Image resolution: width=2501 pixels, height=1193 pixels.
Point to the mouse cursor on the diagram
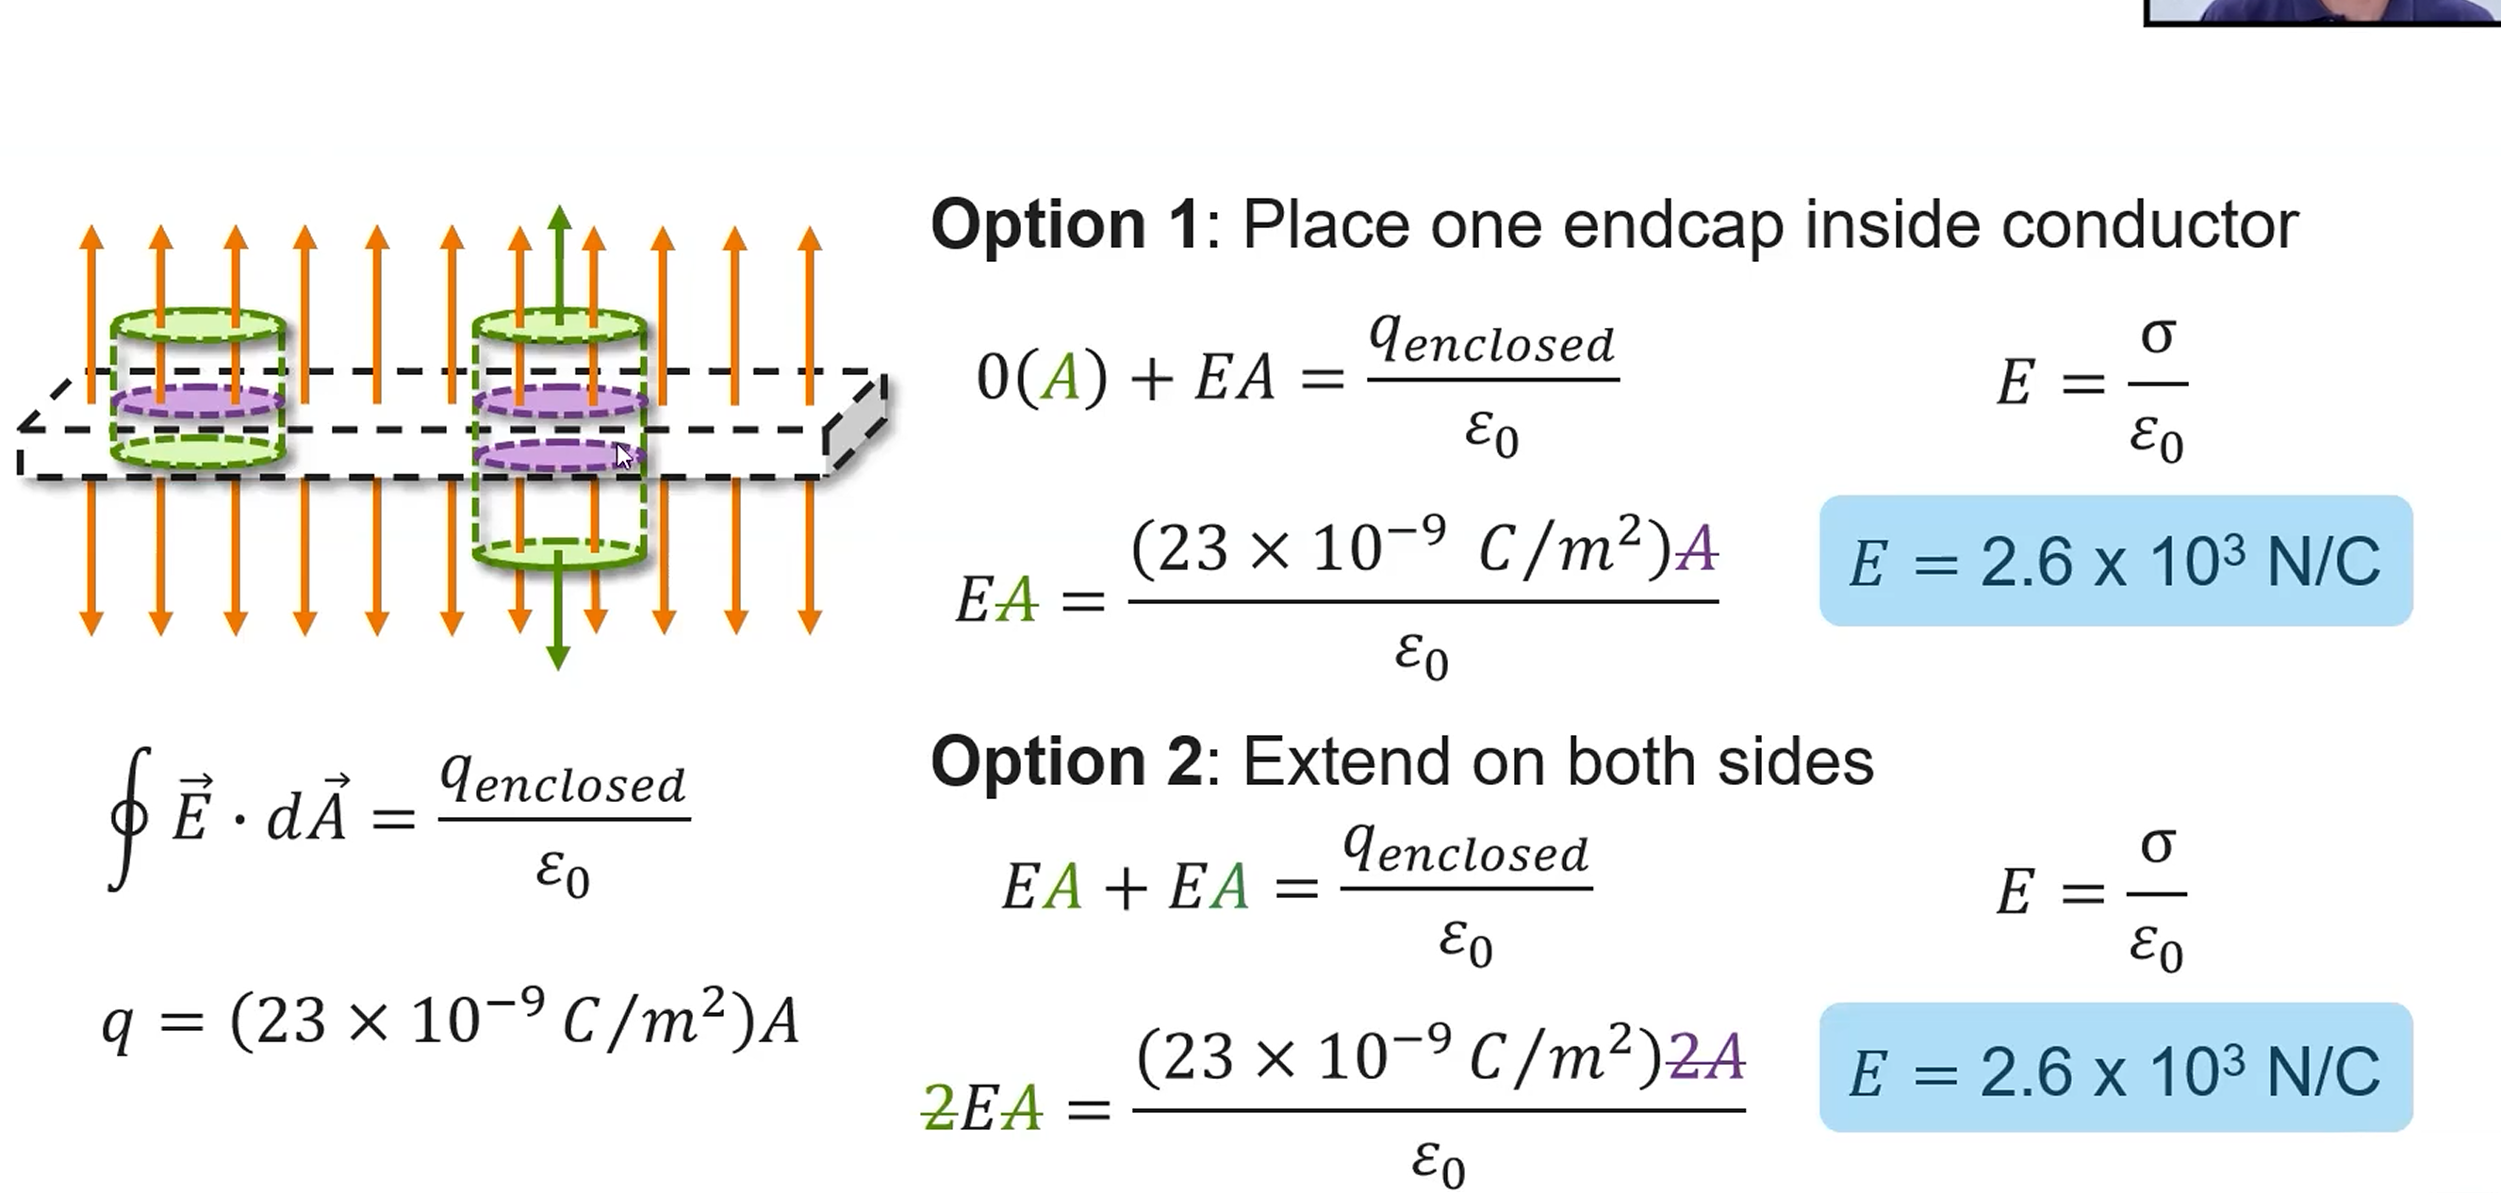tap(623, 455)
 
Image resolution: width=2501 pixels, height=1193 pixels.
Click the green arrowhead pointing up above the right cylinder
tap(558, 220)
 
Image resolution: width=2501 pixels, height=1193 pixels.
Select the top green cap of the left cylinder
tap(198, 324)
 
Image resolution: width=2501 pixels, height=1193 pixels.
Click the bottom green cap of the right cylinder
tap(559, 552)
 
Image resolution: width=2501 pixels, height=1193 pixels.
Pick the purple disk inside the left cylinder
tap(198, 400)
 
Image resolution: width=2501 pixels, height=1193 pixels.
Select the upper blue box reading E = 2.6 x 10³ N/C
tap(2114, 561)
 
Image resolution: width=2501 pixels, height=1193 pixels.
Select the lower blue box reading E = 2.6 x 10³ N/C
tap(2114, 1068)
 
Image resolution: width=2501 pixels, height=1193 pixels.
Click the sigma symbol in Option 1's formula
tap(2157, 336)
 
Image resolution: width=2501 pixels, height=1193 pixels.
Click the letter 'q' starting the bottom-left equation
tap(118, 1023)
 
